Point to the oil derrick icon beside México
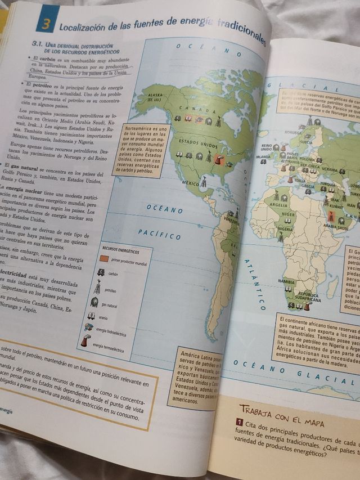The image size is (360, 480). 205,181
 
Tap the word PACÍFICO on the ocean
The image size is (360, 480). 159,232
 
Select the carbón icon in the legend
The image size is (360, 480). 100,273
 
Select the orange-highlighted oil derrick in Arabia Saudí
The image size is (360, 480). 328,215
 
